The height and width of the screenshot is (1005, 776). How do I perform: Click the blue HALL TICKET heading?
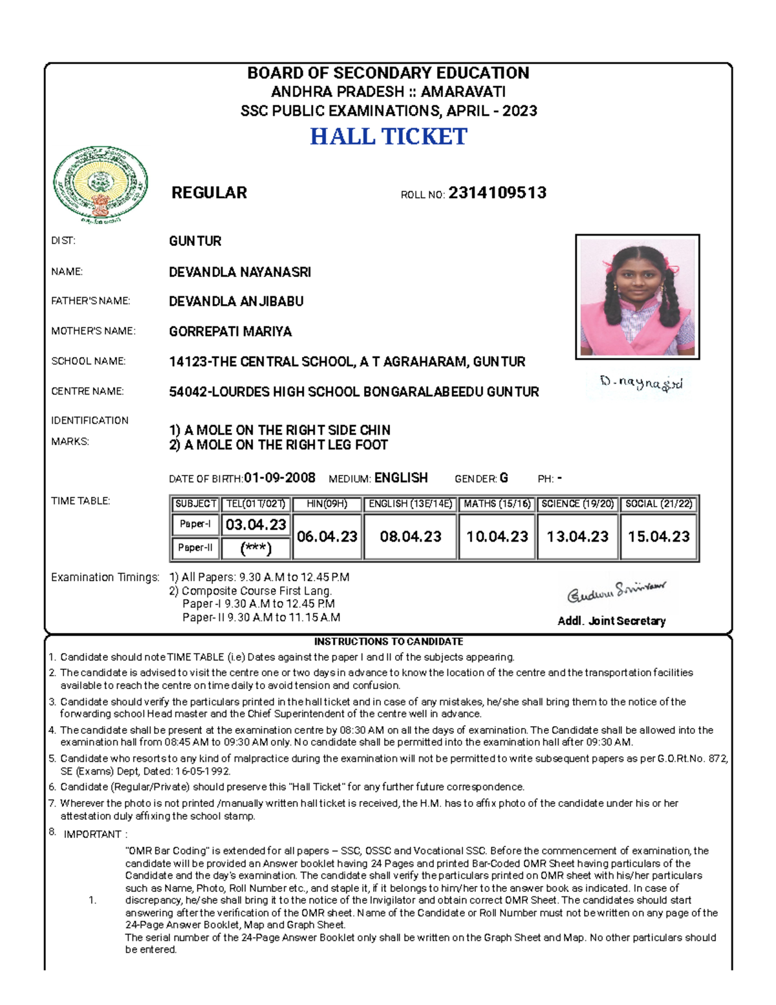pyautogui.click(x=388, y=137)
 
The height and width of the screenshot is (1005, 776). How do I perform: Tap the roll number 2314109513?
pyautogui.click(x=497, y=193)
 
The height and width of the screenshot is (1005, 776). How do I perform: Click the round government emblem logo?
pyautogui.click(x=100, y=184)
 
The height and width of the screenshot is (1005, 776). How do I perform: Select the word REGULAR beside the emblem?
pyautogui.click(x=209, y=193)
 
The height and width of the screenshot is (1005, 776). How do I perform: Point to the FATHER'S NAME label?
pyautogui.click(x=91, y=301)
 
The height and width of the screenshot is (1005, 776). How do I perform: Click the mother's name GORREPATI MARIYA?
pyautogui.click(x=230, y=332)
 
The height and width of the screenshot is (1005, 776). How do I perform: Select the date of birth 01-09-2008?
pyautogui.click(x=280, y=478)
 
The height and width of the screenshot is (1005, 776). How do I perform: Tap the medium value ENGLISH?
pyautogui.click(x=401, y=478)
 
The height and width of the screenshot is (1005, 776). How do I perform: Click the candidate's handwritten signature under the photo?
pyautogui.click(x=641, y=384)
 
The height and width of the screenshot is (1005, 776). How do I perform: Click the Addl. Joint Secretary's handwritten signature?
pyautogui.click(x=616, y=591)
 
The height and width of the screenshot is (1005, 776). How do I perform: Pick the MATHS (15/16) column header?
pyautogui.click(x=497, y=503)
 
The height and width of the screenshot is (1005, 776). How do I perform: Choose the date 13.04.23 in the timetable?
pyautogui.click(x=577, y=536)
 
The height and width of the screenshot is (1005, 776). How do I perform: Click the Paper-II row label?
pyautogui.click(x=195, y=548)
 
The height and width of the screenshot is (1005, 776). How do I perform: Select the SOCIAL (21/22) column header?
pyautogui.click(x=659, y=503)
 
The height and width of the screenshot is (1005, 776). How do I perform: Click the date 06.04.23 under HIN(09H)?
pyautogui.click(x=327, y=536)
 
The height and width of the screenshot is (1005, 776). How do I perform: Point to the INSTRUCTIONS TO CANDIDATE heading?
pyautogui.click(x=388, y=642)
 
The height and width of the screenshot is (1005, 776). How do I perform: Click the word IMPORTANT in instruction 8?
pyautogui.click(x=92, y=834)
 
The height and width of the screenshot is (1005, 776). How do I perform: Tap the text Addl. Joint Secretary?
pyautogui.click(x=611, y=621)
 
